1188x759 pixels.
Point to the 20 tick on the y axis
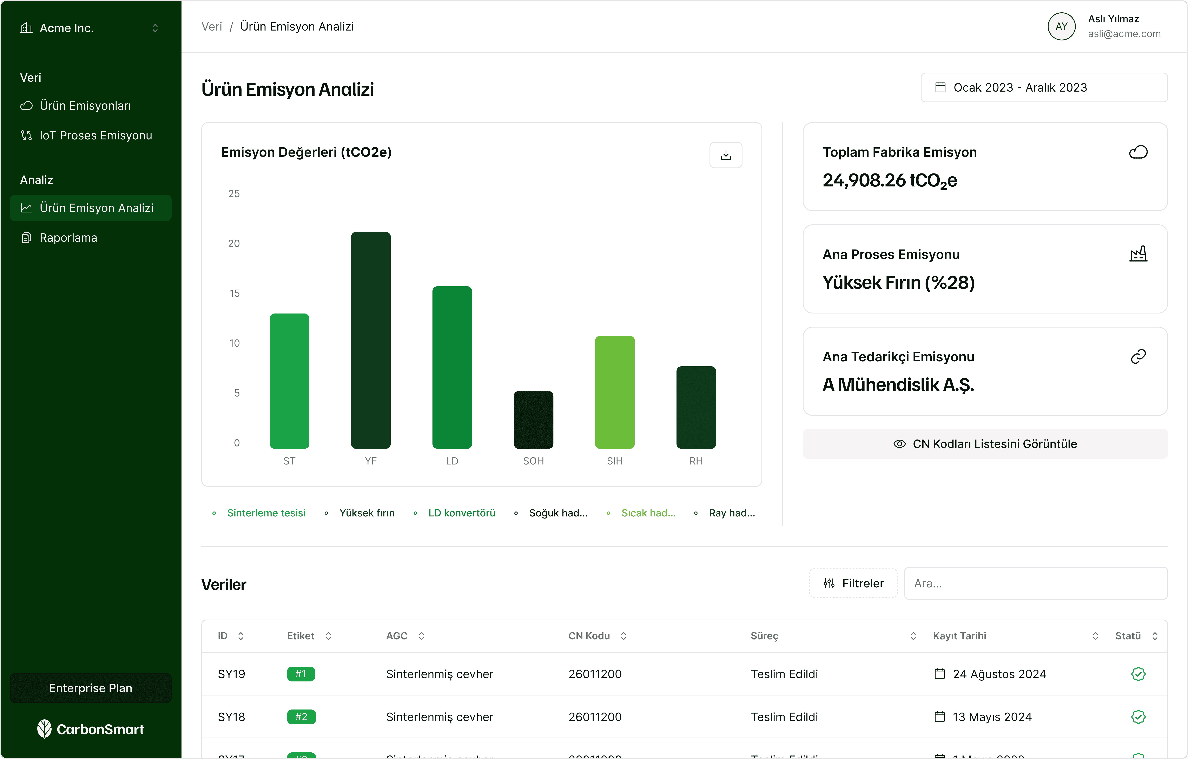(x=234, y=243)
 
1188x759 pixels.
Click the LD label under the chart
(x=452, y=461)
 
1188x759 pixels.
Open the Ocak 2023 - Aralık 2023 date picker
(x=1044, y=87)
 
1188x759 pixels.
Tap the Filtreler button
(x=853, y=583)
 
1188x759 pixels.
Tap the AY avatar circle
(x=1061, y=27)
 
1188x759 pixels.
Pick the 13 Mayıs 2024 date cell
(x=992, y=717)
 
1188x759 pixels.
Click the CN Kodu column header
(x=589, y=636)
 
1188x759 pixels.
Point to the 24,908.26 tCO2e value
(x=890, y=181)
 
